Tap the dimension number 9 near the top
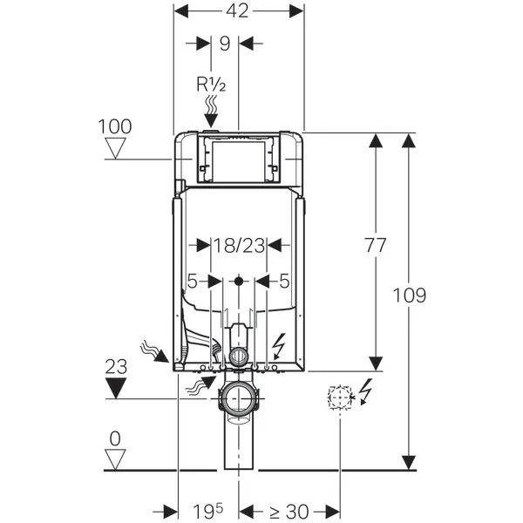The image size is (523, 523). click(225, 42)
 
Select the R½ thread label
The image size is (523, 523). click(211, 84)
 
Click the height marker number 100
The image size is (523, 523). click(115, 126)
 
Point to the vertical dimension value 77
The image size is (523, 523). click(376, 246)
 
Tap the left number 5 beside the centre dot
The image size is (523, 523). click(193, 281)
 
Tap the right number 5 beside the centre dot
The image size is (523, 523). click(284, 281)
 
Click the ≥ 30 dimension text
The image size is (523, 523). click(281, 510)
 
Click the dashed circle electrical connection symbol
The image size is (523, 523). click(337, 397)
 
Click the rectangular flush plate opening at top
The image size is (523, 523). click(238, 159)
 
